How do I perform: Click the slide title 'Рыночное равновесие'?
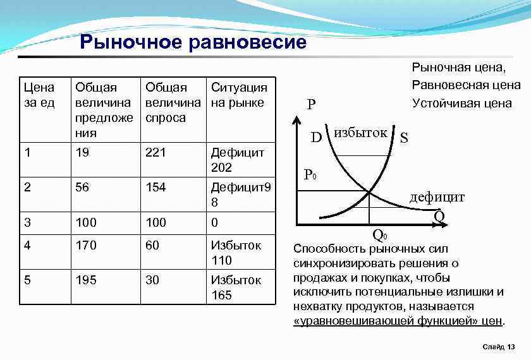point(193,42)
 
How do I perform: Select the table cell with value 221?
point(156,152)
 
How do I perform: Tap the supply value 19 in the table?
point(82,152)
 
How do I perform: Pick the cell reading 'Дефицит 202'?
point(237,160)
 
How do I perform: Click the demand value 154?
point(156,188)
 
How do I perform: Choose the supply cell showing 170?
point(85,245)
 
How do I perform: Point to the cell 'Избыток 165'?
point(237,287)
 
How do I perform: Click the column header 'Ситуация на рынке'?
point(238,95)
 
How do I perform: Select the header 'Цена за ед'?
point(39,95)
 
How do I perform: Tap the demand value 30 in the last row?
point(152,280)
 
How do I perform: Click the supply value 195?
point(85,280)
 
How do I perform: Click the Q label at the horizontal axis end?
point(439,217)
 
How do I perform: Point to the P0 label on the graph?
point(310,174)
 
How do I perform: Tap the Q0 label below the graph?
point(379,236)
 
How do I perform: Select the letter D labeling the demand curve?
point(318,136)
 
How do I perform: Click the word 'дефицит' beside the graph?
point(437,197)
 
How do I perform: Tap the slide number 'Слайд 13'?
point(498,347)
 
